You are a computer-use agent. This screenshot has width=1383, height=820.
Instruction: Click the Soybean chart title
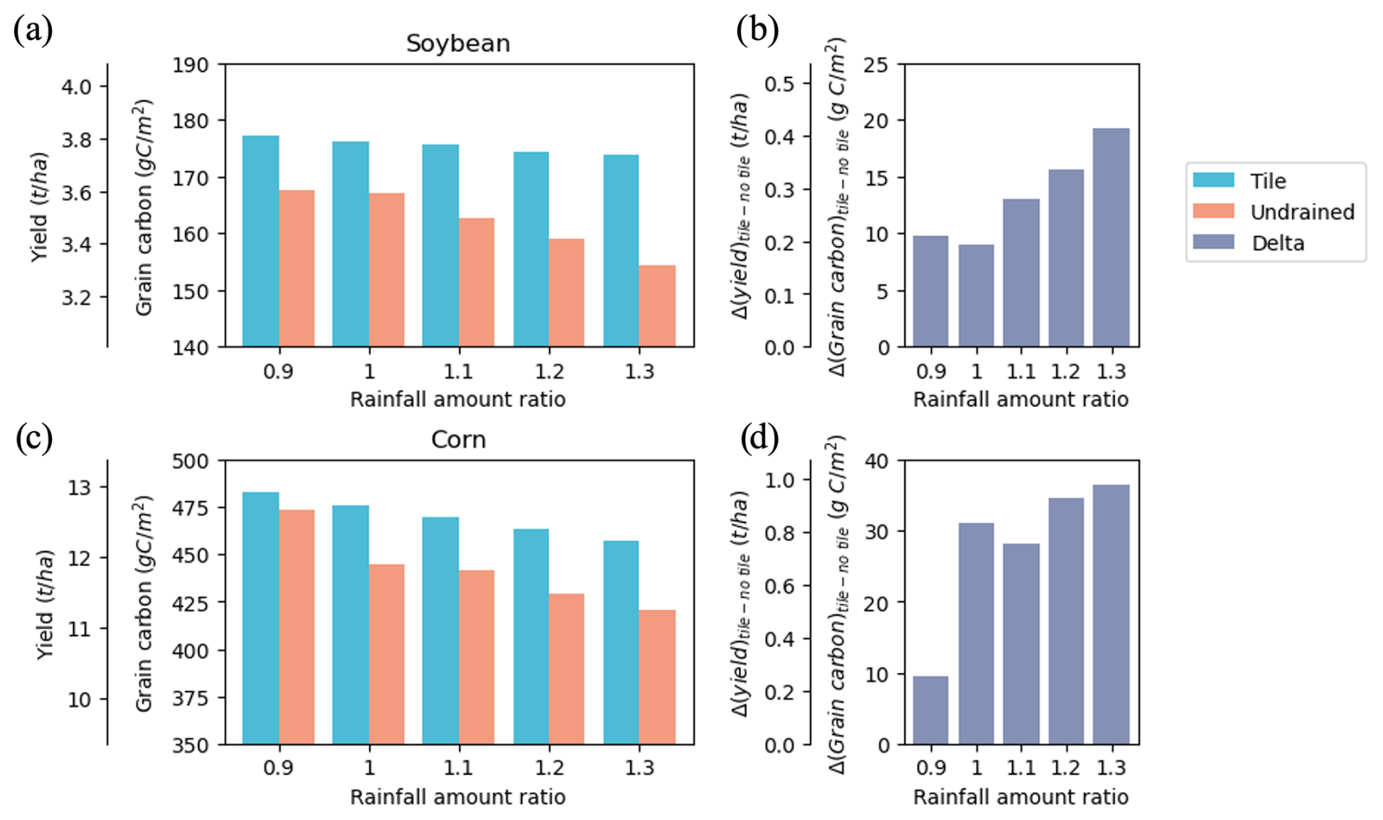[x=458, y=43]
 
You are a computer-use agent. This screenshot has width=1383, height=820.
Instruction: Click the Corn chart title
[x=458, y=439]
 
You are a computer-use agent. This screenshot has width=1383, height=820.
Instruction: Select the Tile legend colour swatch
[x=1213, y=181]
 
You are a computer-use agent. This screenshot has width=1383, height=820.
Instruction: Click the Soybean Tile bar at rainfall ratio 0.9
[x=260, y=241]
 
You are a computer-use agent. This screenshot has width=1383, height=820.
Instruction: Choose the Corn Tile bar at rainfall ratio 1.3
[x=621, y=642]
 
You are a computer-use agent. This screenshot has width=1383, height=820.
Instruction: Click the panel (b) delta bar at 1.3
[x=1111, y=238]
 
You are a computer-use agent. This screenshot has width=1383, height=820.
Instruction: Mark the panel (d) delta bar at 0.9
[x=931, y=710]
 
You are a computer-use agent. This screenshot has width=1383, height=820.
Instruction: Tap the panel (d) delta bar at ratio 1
[x=976, y=634]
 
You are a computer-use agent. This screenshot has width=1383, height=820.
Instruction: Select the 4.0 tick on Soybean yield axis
[x=76, y=87]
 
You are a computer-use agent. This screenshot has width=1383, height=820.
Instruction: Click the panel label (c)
[x=33, y=439]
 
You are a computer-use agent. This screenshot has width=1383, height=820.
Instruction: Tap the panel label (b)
[x=757, y=31]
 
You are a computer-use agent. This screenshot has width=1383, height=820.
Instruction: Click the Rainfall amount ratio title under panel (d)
[x=1020, y=797]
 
